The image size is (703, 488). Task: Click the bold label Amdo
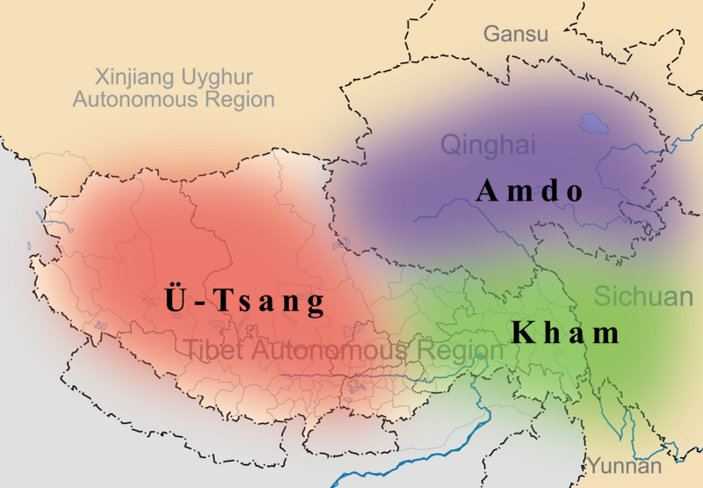(x=530, y=192)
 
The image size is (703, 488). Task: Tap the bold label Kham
(x=566, y=333)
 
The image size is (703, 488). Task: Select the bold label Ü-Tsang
(x=245, y=302)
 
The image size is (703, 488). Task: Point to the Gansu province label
(x=515, y=34)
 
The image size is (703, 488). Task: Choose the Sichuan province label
(x=643, y=296)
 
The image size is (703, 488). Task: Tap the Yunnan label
(x=625, y=465)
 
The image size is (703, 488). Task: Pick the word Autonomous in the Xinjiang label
(x=136, y=98)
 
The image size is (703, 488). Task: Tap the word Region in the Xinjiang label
(x=239, y=98)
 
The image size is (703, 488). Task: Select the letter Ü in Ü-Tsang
(x=174, y=301)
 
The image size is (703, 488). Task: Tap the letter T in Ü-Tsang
(x=220, y=302)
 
